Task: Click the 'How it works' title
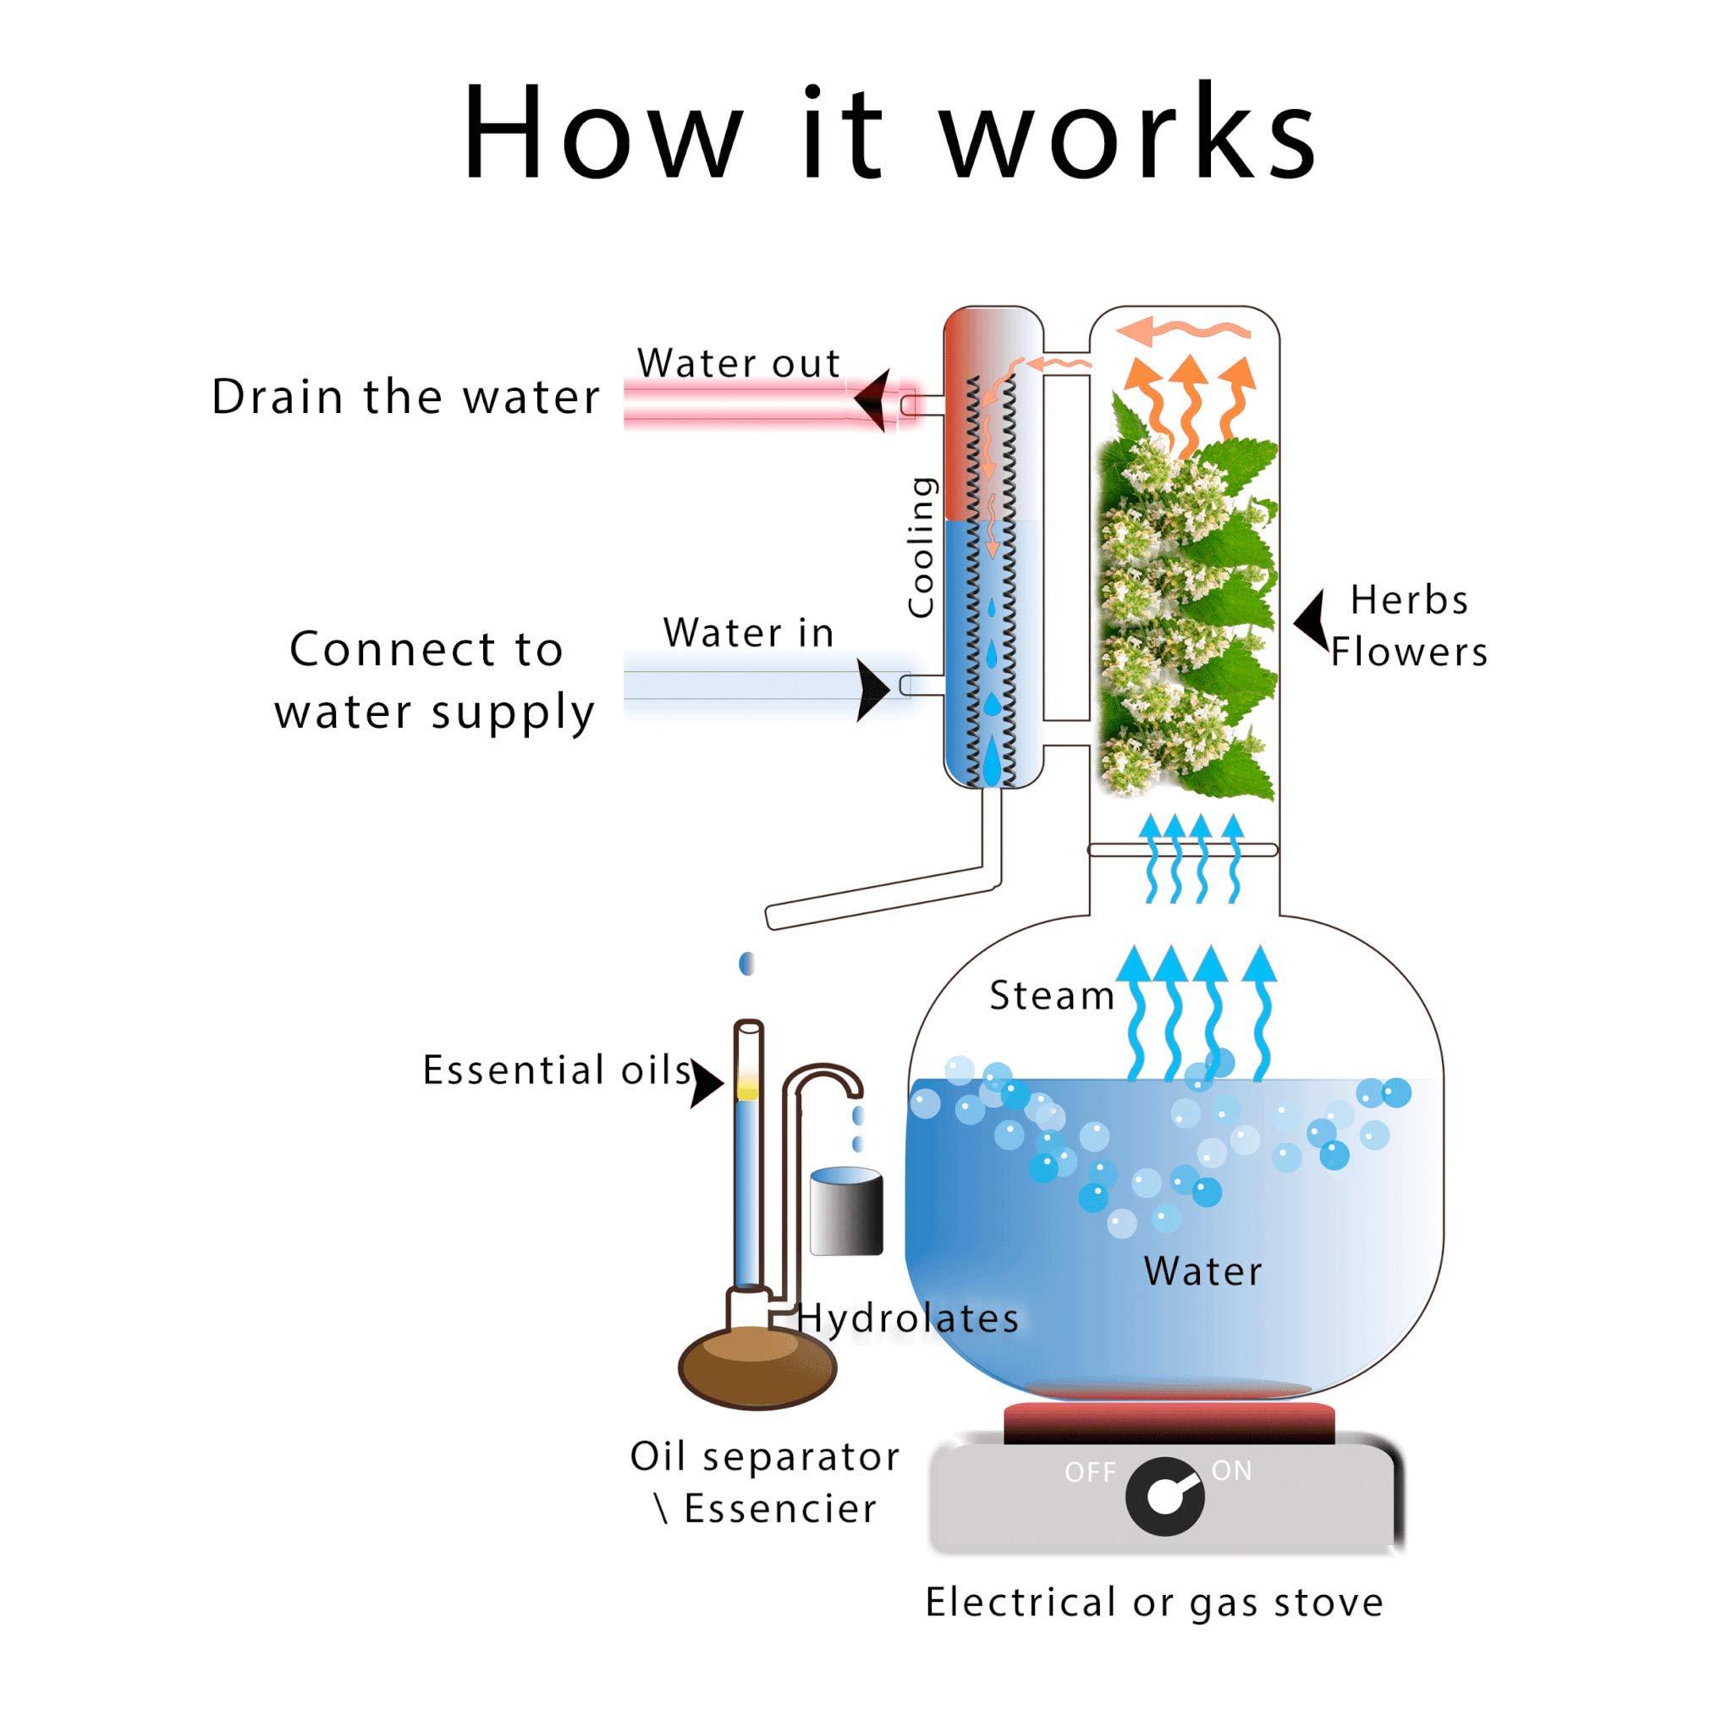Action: coord(888,135)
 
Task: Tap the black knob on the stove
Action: coord(1163,1500)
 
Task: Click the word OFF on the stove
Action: coord(1089,1473)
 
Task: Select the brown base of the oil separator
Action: coord(757,1368)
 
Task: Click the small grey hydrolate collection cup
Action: coord(845,1211)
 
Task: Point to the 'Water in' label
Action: coord(748,633)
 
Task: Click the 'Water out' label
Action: coord(738,363)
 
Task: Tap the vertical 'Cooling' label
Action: coord(922,547)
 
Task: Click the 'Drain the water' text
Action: coord(405,397)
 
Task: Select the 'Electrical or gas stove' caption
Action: coord(1153,1602)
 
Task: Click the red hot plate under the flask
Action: coord(1168,1423)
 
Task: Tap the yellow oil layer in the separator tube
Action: coord(747,1091)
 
